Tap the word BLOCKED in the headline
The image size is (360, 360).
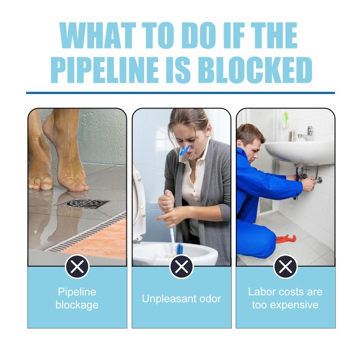pyautogui.click(x=255, y=70)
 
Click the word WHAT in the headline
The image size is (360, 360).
pyautogui.click(x=98, y=36)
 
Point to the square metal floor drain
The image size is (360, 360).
pyautogui.click(x=83, y=203)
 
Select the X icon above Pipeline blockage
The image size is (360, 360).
pyautogui.click(x=77, y=266)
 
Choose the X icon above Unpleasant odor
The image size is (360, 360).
pyautogui.click(x=181, y=266)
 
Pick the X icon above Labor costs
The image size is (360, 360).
pyautogui.click(x=286, y=266)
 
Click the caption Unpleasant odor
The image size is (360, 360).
pyautogui.click(x=181, y=299)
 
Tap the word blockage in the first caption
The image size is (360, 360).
pyautogui.click(x=77, y=306)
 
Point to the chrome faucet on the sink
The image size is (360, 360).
pyautogui.click(x=306, y=134)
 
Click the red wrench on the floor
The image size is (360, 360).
pyautogui.click(x=286, y=239)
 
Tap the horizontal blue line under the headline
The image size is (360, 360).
pyautogui.click(x=180, y=93)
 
